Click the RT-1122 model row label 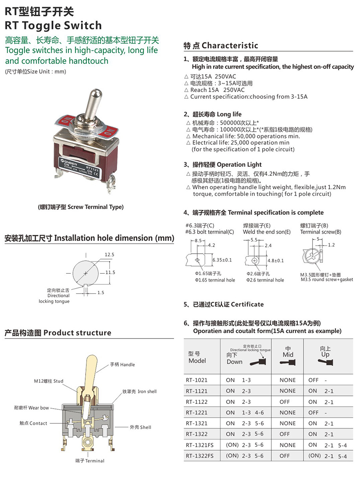click(197, 402)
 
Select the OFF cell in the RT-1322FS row click(285, 456)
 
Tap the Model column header click(197, 357)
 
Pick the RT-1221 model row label click(197, 413)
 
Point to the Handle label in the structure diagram click(122, 365)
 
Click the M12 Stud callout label click(48, 381)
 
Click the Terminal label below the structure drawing click(90, 461)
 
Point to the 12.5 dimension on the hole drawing click(109, 255)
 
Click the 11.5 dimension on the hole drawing click(110, 273)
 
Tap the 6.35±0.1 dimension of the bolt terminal click(222, 260)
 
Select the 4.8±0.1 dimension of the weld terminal click(276, 260)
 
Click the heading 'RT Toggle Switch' click(53, 26)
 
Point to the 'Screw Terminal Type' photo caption click(81, 207)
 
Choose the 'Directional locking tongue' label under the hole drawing click(54, 296)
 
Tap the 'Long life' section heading click(213, 114)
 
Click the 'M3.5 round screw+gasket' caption click(327, 280)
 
